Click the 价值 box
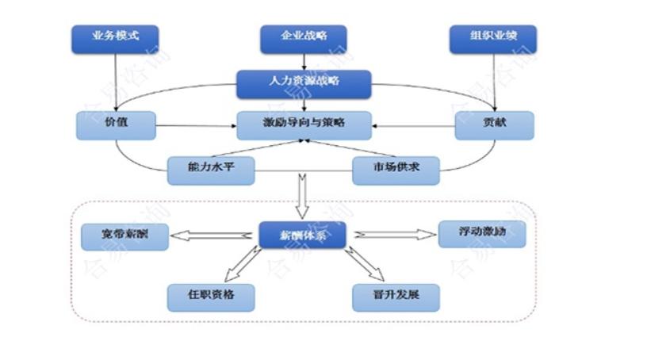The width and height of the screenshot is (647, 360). pyautogui.click(x=115, y=125)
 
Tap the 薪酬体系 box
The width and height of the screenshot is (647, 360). pyautogui.click(x=303, y=236)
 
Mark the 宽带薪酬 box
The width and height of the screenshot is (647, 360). pyautogui.click(x=125, y=236)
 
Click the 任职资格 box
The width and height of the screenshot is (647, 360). pyautogui.click(x=211, y=297)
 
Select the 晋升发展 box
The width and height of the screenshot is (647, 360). pyautogui.click(x=396, y=297)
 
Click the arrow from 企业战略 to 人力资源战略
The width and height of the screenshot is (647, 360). pyautogui.click(x=304, y=62)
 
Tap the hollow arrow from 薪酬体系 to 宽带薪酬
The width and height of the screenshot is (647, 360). pyautogui.click(x=214, y=236)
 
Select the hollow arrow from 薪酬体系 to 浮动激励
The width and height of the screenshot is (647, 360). pyautogui.click(x=392, y=235)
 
